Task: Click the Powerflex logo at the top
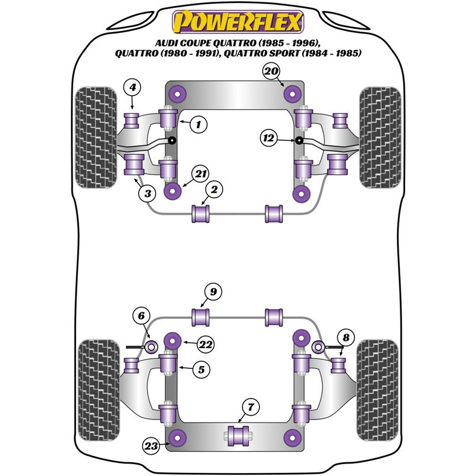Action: coord(238,21)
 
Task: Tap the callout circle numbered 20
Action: coord(271,71)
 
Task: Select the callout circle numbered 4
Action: coord(132,87)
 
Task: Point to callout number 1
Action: coord(199,124)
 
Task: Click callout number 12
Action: coord(269,139)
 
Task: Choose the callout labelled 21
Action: coord(201,174)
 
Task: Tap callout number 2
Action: coord(214,189)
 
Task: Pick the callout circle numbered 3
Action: coord(148,193)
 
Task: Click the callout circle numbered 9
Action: coord(214,292)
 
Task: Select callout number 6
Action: coord(142,316)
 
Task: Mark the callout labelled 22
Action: coord(205,345)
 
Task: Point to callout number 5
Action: coord(201,369)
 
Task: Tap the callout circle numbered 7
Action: coord(250,407)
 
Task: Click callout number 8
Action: coord(346,337)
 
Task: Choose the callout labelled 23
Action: coord(151,446)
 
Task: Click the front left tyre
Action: coord(96,137)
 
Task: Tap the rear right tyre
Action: coord(377,390)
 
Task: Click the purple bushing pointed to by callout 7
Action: coord(238,436)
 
